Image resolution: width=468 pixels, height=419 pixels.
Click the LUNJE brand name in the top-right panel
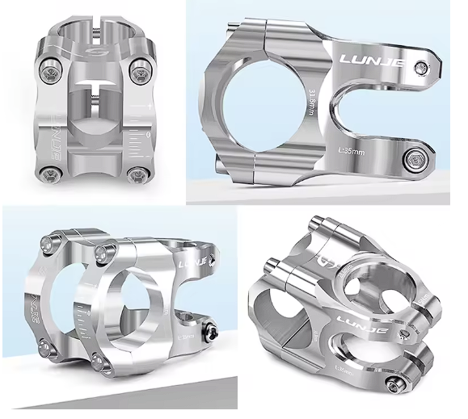click(374, 61)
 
